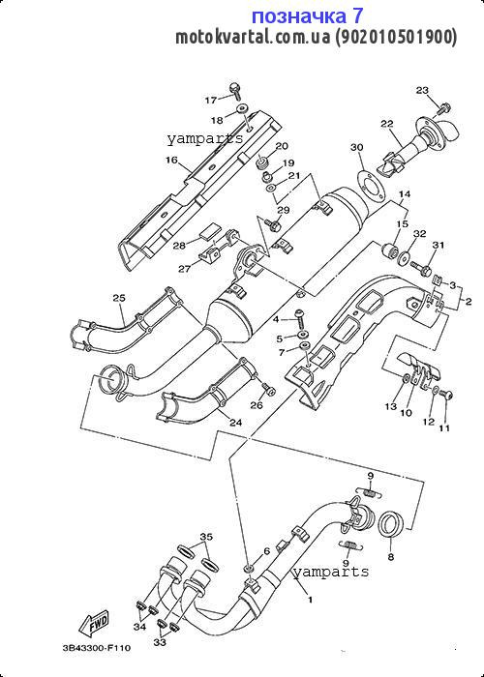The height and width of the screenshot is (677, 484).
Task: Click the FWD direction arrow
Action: (93, 623)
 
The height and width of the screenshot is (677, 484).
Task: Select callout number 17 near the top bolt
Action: (210, 101)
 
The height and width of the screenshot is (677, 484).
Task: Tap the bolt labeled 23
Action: (443, 108)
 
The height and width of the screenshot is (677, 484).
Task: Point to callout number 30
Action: (357, 148)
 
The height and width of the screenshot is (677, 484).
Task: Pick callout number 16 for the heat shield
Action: (171, 161)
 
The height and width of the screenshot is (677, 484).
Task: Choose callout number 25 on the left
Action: (119, 298)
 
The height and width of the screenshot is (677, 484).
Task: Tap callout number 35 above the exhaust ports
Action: (206, 537)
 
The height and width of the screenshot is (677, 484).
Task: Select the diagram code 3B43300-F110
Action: (96, 648)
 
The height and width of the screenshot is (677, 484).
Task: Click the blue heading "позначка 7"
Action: (307, 16)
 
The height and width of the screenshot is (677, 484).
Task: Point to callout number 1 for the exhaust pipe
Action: (310, 600)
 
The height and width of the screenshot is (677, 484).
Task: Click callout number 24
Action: (235, 423)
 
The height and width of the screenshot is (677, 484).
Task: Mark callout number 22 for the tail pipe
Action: (387, 124)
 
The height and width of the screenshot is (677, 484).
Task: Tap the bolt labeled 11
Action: (447, 395)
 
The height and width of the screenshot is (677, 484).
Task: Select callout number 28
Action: (179, 246)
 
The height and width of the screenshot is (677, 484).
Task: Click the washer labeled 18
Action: (242, 107)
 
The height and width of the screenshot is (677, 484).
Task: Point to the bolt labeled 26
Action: (268, 389)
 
